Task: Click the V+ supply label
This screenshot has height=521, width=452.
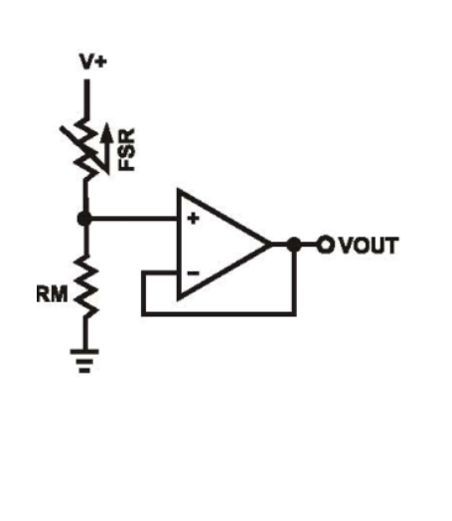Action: (x=93, y=62)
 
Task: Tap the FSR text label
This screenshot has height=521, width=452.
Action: (x=127, y=149)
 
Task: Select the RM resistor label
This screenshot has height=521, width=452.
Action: (x=52, y=294)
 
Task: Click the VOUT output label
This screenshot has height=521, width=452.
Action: (x=369, y=246)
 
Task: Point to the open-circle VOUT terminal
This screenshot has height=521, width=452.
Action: (x=325, y=245)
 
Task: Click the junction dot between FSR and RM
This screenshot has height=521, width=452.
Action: (x=84, y=219)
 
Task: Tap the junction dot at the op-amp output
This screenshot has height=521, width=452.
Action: (x=294, y=245)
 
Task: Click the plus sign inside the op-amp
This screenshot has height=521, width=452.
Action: (x=194, y=219)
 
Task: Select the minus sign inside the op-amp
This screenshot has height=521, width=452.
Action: (x=193, y=273)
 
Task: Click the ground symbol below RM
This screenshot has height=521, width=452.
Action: (x=84, y=361)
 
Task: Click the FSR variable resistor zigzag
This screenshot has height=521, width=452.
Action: (x=85, y=149)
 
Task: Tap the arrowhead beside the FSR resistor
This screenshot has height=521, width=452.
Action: (x=106, y=132)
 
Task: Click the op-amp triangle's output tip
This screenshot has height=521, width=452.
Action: (x=269, y=245)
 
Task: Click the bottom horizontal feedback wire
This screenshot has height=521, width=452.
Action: (x=219, y=313)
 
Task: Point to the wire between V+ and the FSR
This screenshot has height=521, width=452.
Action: (x=86, y=98)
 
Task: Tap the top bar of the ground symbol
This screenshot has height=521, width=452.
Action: (x=84, y=352)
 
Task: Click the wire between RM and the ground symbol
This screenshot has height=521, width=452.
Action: (x=85, y=333)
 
